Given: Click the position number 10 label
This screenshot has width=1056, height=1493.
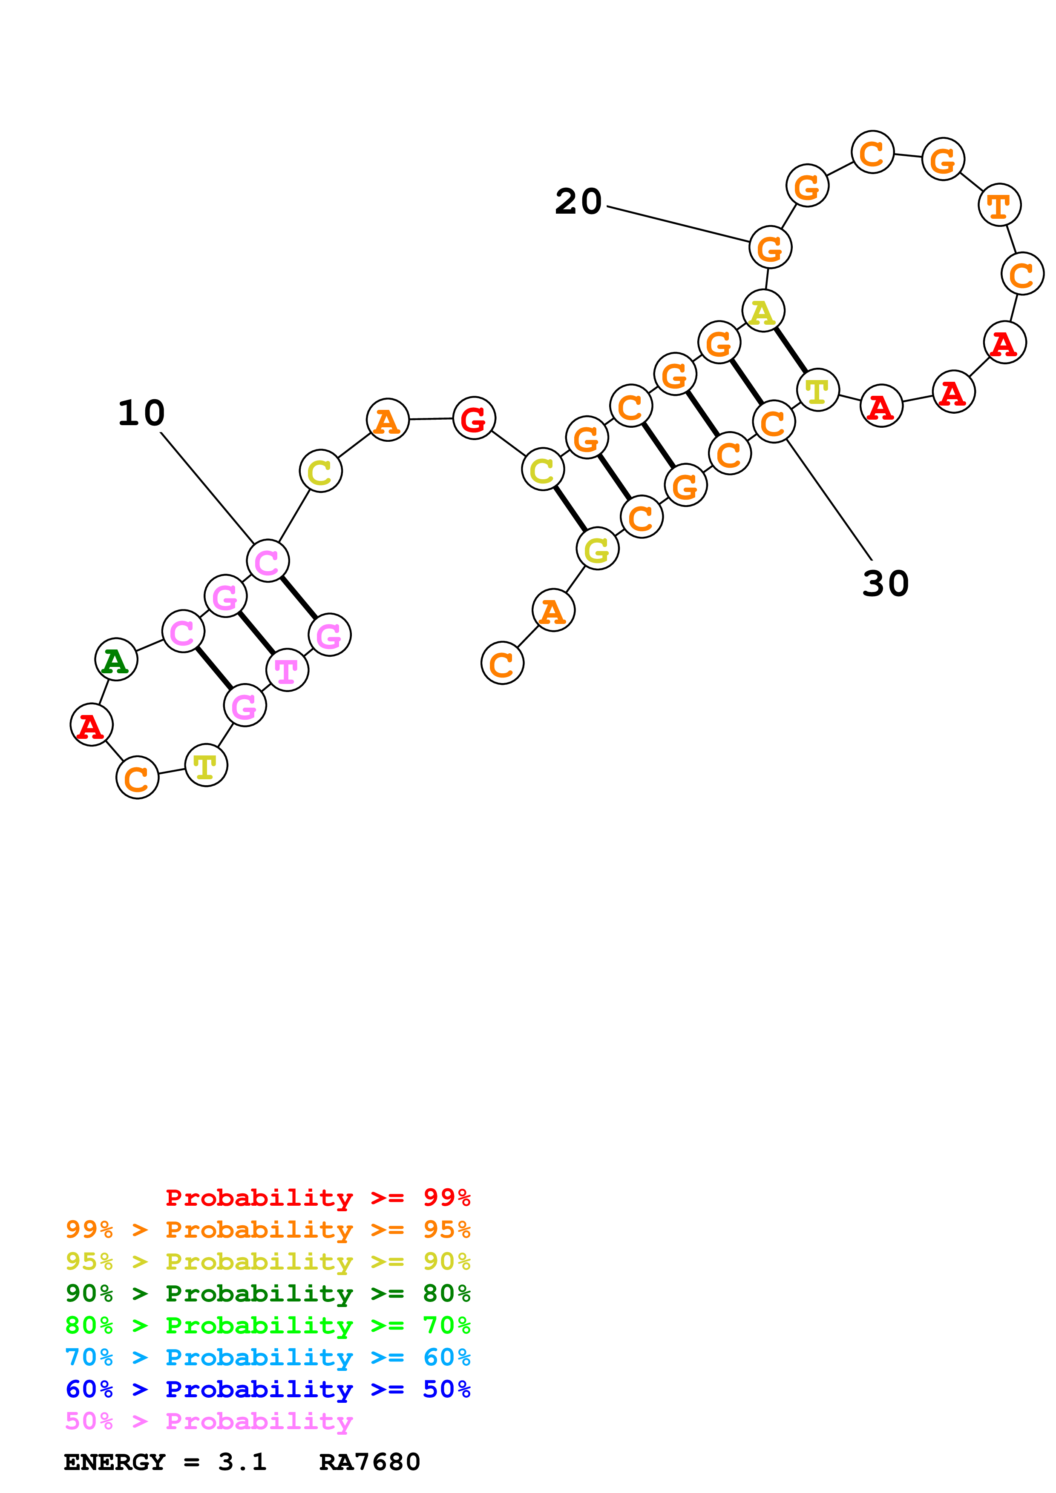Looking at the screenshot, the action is pos(141,414).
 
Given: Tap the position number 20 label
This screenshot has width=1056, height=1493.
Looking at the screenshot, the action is pos(578,202).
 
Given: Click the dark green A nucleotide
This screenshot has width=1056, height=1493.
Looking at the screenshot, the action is pos(116,660).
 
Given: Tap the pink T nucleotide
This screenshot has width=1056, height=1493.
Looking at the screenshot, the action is pos(287,670).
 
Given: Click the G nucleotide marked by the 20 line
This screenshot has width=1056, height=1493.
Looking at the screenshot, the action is pos(770,248).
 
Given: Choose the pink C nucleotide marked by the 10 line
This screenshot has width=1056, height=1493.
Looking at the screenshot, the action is pos(268,561).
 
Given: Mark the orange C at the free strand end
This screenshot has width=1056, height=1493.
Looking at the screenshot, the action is pos(502,663).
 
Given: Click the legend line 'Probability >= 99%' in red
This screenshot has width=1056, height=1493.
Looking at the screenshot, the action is pos(317,1197).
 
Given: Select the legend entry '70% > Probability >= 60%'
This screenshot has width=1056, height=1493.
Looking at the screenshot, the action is pos(268,1357).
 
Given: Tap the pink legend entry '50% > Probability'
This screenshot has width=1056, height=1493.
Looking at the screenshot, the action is pos(209,1421).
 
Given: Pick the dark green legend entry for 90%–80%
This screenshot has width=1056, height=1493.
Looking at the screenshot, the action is pos(268,1293).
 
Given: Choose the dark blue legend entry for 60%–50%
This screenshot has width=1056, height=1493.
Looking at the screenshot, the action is pos(268,1389).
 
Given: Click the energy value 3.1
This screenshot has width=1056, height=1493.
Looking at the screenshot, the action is pos(242,1462).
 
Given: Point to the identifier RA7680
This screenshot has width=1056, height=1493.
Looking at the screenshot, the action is pos(370,1462).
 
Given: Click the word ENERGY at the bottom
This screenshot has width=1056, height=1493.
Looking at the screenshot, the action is pos(115,1462).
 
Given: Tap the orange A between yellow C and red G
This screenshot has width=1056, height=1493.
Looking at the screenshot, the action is pos(387,420).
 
